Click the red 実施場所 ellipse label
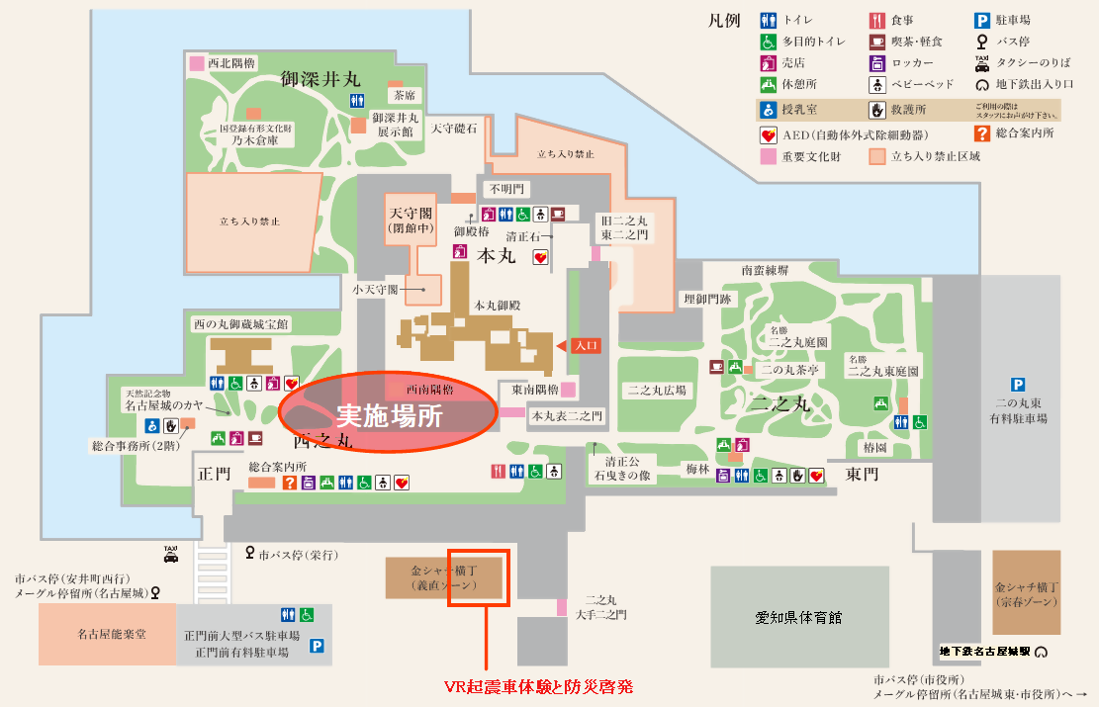point(389,413)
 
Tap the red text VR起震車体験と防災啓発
point(538,684)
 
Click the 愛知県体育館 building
point(797,617)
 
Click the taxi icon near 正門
point(170,554)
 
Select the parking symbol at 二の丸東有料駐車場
point(1016,385)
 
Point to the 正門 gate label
point(214,475)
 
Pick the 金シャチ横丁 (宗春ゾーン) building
point(1027,592)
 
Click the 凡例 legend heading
point(724,21)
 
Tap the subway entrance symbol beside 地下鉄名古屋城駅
point(1041,652)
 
